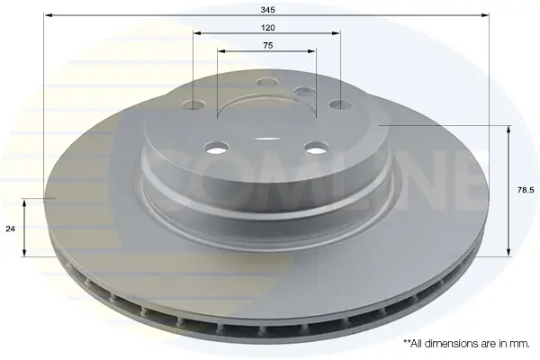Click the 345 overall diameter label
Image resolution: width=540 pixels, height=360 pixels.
267,10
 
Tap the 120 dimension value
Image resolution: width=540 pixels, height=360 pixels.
267,28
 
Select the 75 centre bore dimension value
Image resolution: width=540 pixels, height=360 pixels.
267,45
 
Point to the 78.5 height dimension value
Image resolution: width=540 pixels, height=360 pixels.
526,190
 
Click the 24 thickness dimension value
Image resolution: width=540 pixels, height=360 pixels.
10,229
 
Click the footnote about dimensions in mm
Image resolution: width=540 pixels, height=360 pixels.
466,343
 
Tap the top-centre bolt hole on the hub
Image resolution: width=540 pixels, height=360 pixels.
267,82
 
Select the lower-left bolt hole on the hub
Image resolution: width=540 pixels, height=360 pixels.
216,148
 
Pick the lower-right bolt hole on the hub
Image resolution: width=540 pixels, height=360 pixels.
317,148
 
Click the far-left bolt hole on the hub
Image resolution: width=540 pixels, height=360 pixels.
193,104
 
